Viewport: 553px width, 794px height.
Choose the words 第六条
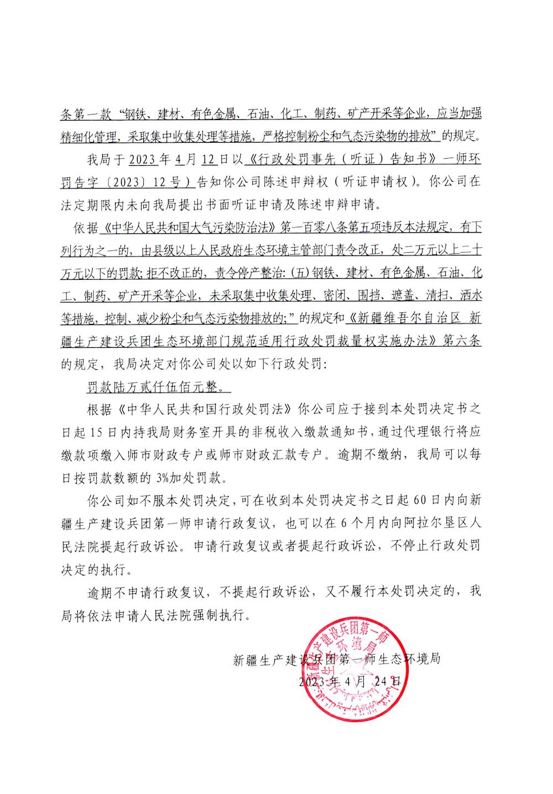pos(462,342)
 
